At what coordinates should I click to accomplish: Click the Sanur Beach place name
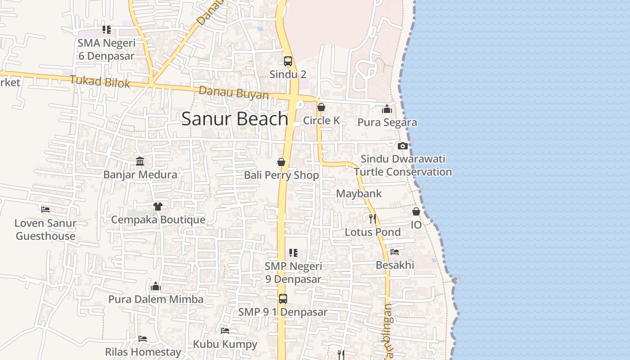pyautogui.click(x=234, y=119)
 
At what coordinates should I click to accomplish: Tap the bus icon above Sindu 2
pyautogui.click(x=288, y=61)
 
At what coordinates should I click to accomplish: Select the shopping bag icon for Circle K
pyautogui.click(x=321, y=107)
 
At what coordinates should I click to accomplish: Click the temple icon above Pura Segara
pyautogui.click(x=387, y=109)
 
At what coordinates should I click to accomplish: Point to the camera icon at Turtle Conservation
pyautogui.click(x=403, y=146)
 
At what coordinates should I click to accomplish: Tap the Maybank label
pyautogui.click(x=359, y=193)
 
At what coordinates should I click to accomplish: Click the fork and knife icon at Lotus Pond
pyautogui.click(x=373, y=219)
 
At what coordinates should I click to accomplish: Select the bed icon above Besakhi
pyautogui.click(x=395, y=252)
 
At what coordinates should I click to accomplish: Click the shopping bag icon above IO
pyautogui.click(x=416, y=211)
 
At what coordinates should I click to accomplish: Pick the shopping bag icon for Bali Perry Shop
pyautogui.click(x=281, y=162)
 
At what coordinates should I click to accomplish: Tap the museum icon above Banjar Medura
pyautogui.click(x=140, y=161)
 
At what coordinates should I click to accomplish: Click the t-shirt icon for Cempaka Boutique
pyautogui.click(x=157, y=207)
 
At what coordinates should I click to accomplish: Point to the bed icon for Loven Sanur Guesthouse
pyautogui.click(x=45, y=209)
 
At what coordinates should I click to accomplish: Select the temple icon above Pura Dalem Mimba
pyautogui.click(x=156, y=286)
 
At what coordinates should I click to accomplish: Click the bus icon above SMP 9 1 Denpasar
pyautogui.click(x=283, y=298)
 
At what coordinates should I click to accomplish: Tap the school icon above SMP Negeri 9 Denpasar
pyautogui.click(x=293, y=253)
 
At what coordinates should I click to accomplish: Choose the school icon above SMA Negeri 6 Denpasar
pyautogui.click(x=106, y=30)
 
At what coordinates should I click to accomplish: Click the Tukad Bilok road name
pyautogui.click(x=100, y=82)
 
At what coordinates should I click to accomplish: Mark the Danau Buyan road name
pyautogui.click(x=234, y=93)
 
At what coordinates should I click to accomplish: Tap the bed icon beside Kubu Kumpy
pyautogui.click(x=225, y=331)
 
